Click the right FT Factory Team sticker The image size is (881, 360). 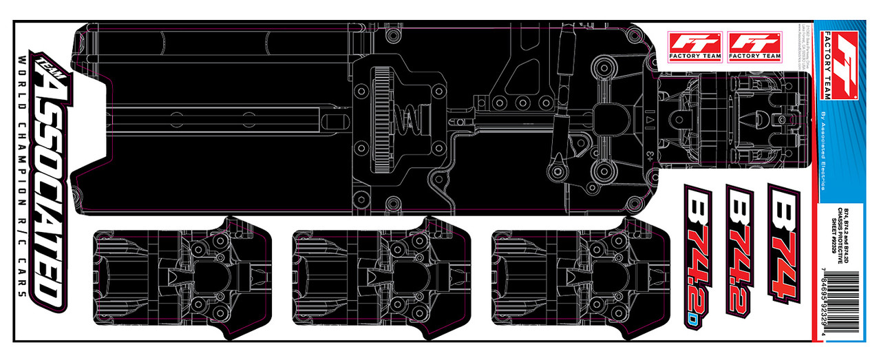pos(754,45)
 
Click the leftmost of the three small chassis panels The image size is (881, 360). pos(182,275)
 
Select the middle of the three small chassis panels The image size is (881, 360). pos(381,275)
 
